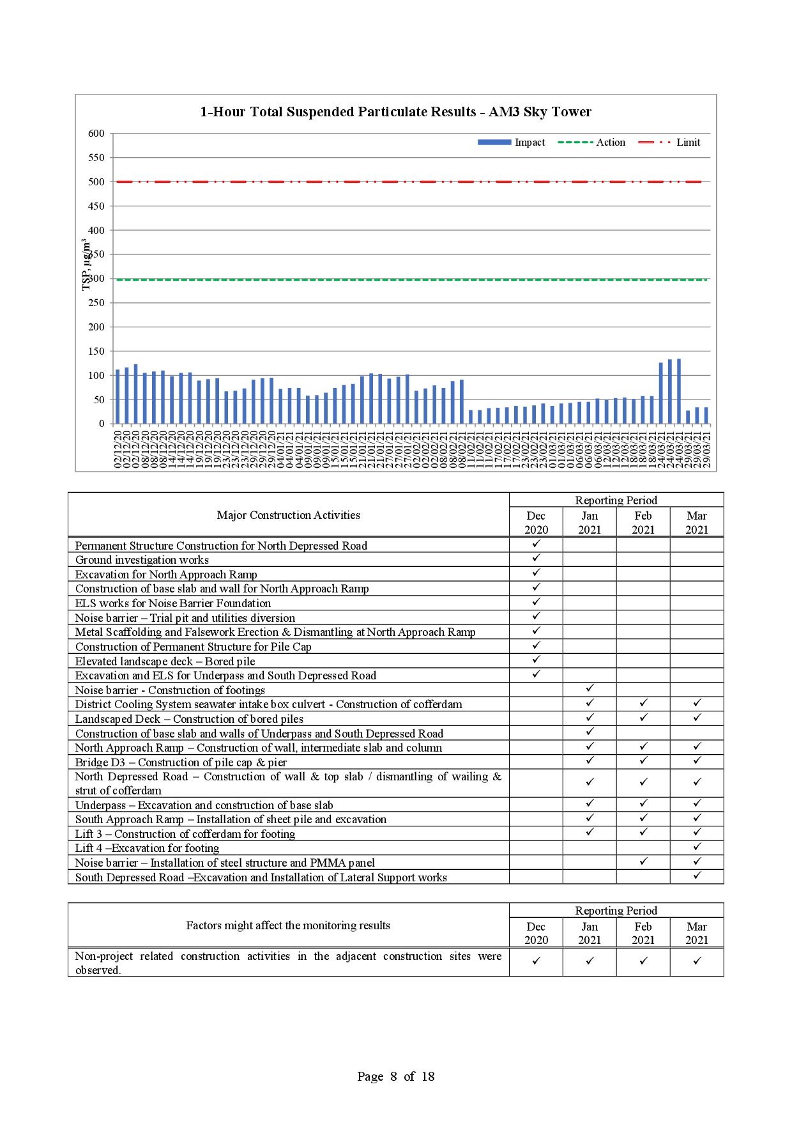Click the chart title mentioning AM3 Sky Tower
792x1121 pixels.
395,112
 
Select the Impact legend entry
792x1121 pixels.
511,143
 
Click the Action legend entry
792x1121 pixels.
591,143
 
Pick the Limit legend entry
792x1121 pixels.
669,143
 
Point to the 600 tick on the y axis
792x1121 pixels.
96,134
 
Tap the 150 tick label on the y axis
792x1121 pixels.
96,352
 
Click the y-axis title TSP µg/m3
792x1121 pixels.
85,265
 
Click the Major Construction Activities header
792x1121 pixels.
288,515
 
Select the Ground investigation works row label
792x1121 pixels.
142,560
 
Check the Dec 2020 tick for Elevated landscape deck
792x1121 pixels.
537,660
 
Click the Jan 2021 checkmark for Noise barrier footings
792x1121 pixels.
590,688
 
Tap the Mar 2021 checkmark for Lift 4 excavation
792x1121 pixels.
697,847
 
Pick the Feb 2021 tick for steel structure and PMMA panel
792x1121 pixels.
644,862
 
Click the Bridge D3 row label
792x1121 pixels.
181,762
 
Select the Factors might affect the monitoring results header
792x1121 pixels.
288,925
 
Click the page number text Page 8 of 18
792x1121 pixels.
396,1076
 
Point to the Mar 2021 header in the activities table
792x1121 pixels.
697,523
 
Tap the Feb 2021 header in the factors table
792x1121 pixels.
643,933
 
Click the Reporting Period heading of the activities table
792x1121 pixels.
616,500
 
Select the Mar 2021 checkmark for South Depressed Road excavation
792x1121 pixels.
697,876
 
